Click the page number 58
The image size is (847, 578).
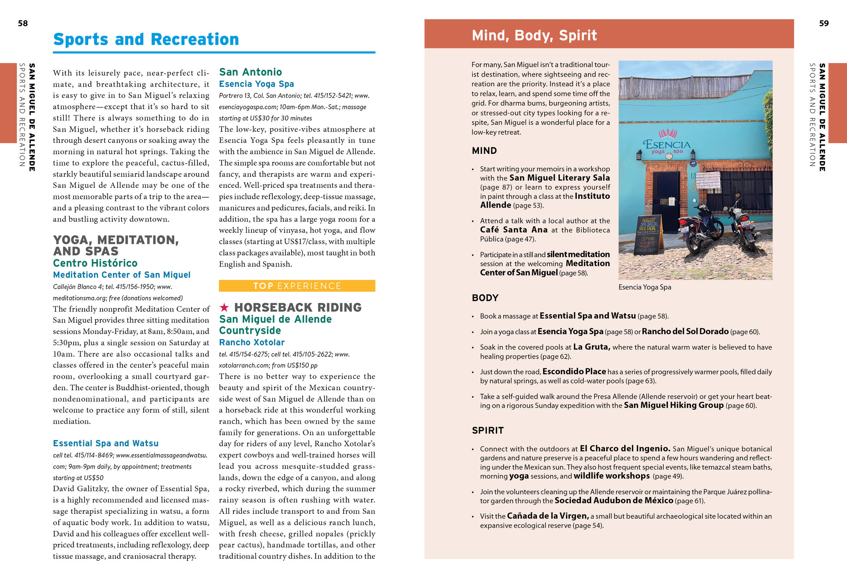[x=22, y=23]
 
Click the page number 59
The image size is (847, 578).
[x=824, y=23]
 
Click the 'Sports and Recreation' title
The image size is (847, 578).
[x=146, y=39]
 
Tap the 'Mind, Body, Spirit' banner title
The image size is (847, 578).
[x=534, y=36]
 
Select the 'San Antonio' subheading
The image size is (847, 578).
[x=251, y=72]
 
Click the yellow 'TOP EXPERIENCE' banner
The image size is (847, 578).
[x=297, y=286]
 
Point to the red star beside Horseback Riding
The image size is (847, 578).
[x=224, y=307]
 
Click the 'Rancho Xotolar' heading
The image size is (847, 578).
[x=251, y=342]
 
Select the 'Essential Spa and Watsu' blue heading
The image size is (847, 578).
[x=106, y=443]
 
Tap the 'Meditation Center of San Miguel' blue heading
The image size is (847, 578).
[x=122, y=275]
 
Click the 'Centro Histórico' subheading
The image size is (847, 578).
[x=95, y=263]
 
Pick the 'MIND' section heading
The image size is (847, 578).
[x=484, y=151]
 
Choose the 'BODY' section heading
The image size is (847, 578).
[x=485, y=298]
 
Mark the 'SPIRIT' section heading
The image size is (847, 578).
[x=487, y=430]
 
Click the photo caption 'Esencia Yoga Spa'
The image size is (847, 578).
[x=644, y=287]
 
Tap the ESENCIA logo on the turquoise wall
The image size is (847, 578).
[x=667, y=144]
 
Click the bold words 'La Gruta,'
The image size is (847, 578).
[x=592, y=347]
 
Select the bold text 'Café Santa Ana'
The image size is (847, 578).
[x=513, y=230]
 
